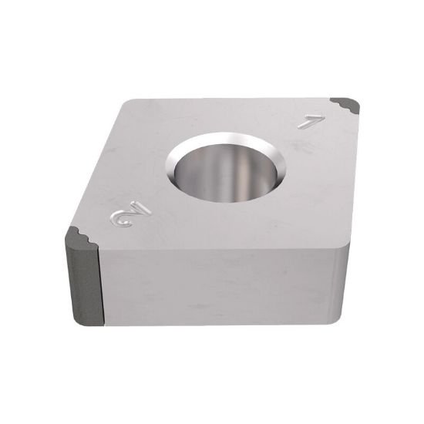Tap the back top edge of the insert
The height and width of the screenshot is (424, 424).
[x=231, y=99]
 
